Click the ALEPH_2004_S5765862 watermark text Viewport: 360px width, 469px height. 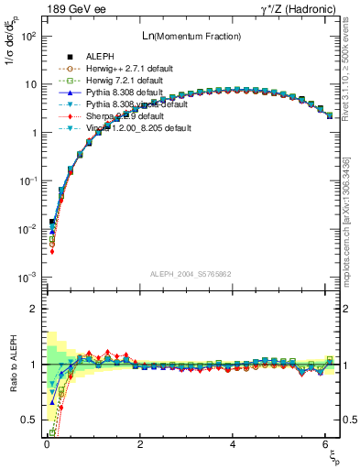pos(191,274)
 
